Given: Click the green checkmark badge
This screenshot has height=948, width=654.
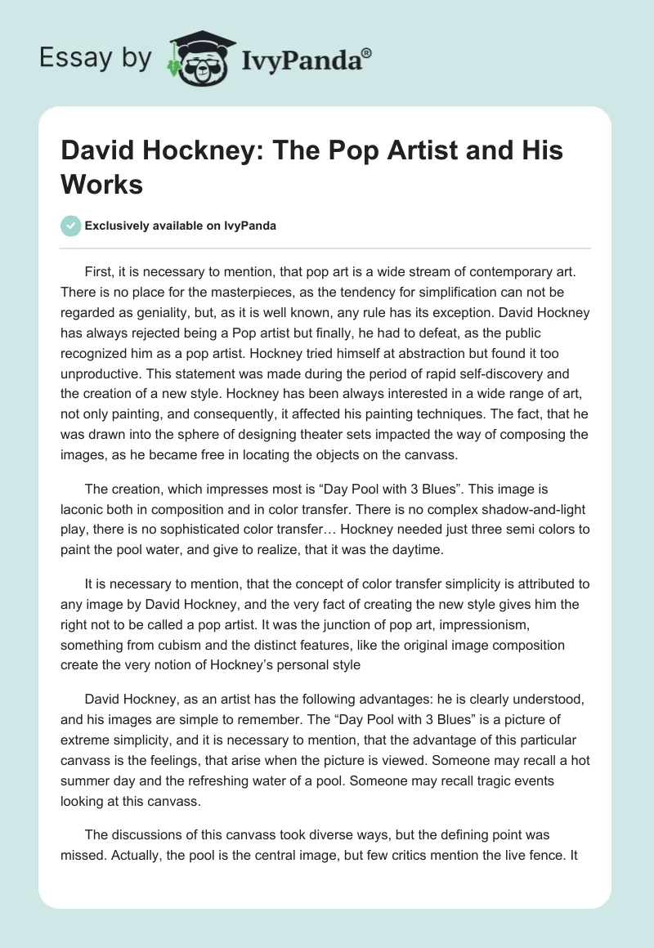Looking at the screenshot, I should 71,226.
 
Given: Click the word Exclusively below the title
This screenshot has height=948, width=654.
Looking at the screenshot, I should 119,226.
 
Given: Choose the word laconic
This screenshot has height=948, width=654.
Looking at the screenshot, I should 84,508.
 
